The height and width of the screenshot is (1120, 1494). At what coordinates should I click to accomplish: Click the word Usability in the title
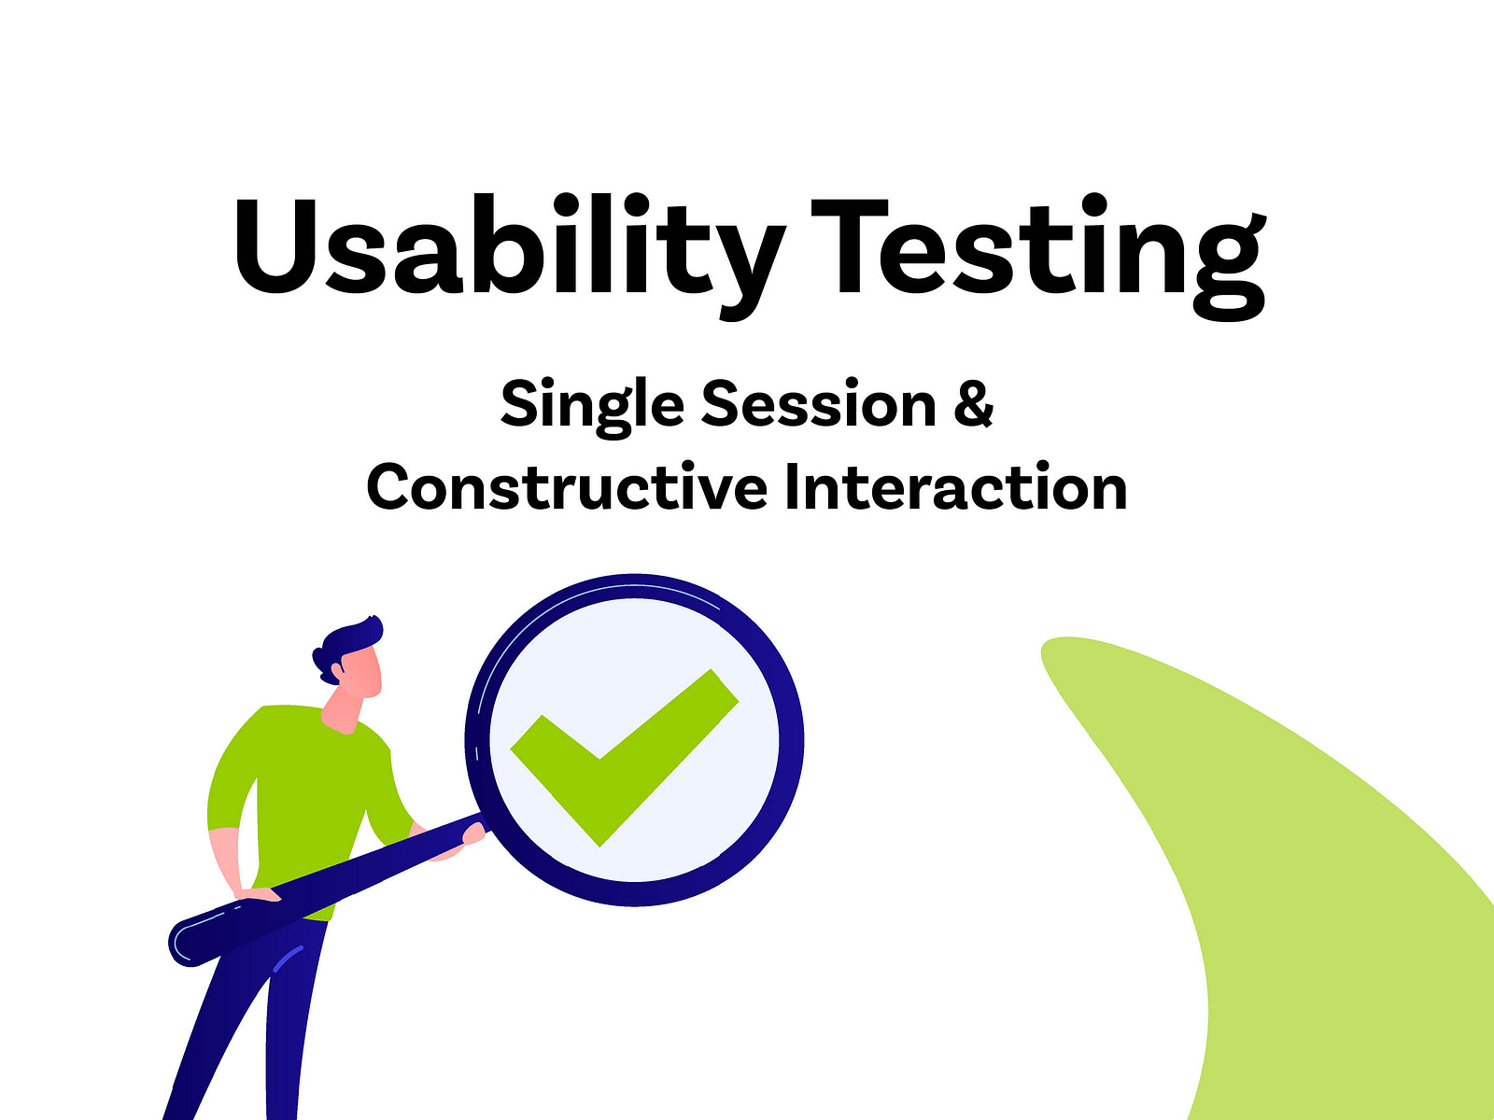tap(504, 247)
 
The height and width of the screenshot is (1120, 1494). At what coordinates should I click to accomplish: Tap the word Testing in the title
tap(1036, 252)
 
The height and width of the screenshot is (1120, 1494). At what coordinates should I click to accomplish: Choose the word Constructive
tap(567, 487)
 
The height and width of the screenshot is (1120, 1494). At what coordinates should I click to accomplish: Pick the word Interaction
tap(955, 487)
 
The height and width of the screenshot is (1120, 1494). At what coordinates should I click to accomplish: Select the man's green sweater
tap(299, 784)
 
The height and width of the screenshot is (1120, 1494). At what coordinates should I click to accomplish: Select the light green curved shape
tap(1307, 887)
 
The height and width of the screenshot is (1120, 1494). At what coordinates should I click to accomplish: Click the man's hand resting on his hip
tap(257, 894)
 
